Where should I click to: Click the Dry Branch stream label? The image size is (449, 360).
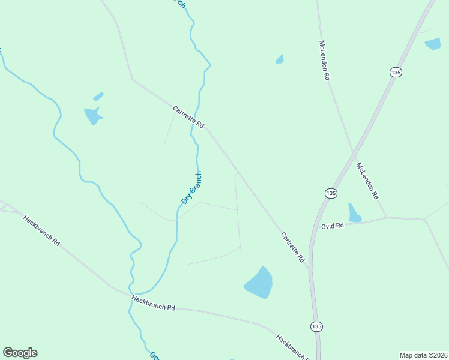tap(192, 188)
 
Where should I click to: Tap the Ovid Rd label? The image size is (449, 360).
tap(332, 226)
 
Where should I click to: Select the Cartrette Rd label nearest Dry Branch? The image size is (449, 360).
tap(188, 118)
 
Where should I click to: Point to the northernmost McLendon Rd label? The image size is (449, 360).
tap(325, 60)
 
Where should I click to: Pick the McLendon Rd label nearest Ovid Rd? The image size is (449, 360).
tap(368, 181)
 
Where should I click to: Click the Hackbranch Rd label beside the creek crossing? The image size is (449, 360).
tap(153, 303)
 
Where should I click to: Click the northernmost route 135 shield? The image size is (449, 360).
tap(395, 72)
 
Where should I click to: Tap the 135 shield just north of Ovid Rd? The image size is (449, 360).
tap(331, 193)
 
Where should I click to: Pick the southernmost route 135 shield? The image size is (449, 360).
tap(316, 326)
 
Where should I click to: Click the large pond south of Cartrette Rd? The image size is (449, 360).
tap(259, 283)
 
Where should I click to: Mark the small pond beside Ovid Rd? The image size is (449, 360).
tap(354, 213)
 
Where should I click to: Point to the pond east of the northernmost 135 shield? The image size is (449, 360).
tap(433, 43)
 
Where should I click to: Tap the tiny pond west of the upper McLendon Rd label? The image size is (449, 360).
tap(279, 59)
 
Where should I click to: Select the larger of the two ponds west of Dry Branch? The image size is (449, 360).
tap(93, 115)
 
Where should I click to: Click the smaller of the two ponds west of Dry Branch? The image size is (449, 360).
tap(98, 97)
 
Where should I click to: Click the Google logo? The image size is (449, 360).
tap(20, 353)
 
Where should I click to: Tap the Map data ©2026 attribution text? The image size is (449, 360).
tap(424, 355)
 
